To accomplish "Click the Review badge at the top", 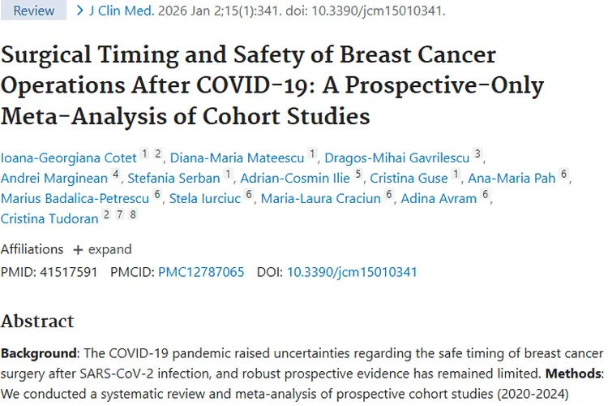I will [34, 11].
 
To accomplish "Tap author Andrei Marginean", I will [54, 178].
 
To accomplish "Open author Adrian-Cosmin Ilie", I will [295, 178].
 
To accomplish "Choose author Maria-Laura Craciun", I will [320, 198].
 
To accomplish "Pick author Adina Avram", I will [439, 198].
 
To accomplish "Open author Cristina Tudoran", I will [49, 218].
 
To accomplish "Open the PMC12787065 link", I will [201, 272].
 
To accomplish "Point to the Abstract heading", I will [37, 321].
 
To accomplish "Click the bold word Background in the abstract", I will [38, 354].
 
